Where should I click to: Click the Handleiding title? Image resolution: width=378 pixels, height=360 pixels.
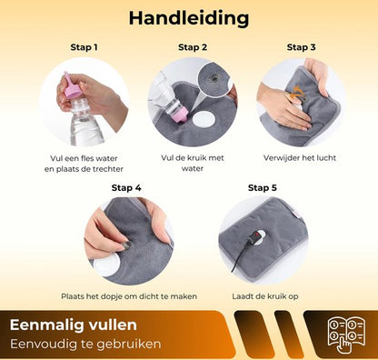(x=189, y=18)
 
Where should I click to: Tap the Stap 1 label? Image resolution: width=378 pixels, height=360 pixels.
(x=84, y=47)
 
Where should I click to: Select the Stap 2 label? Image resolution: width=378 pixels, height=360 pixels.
(x=193, y=47)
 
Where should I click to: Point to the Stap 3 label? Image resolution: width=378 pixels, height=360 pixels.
(x=301, y=47)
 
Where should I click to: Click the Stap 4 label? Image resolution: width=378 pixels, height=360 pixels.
(x=126, y=188)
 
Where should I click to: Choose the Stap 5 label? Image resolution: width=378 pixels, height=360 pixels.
(x=263, y=188)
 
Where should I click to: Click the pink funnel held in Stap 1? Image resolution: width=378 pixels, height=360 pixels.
(x=72, y=86)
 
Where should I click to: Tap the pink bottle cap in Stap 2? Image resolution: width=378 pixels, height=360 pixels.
(x=182, y=115)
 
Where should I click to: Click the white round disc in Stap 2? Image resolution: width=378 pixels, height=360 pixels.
(x=204, y=121)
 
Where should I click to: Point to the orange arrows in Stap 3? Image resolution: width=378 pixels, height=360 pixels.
(x=297, y=92)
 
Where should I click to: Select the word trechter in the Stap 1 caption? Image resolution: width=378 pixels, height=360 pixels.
(x=107, y=169)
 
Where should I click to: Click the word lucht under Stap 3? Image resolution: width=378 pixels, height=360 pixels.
(x=325, y=158)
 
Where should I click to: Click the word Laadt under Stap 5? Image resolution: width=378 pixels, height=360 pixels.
(x=242, y=296)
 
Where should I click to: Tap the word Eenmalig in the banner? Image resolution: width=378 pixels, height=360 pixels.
(x=46, y=325)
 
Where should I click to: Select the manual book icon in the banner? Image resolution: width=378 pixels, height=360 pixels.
(x=346, y=335)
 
